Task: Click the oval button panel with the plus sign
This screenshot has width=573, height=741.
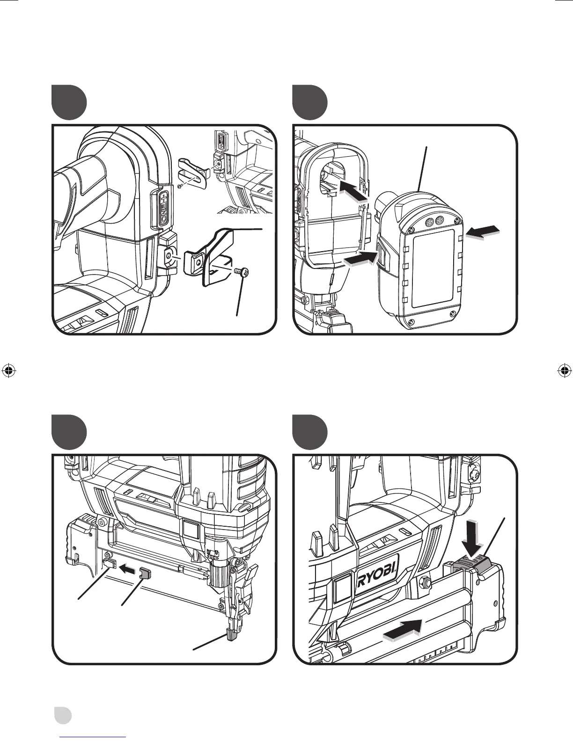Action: click(160, 209)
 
